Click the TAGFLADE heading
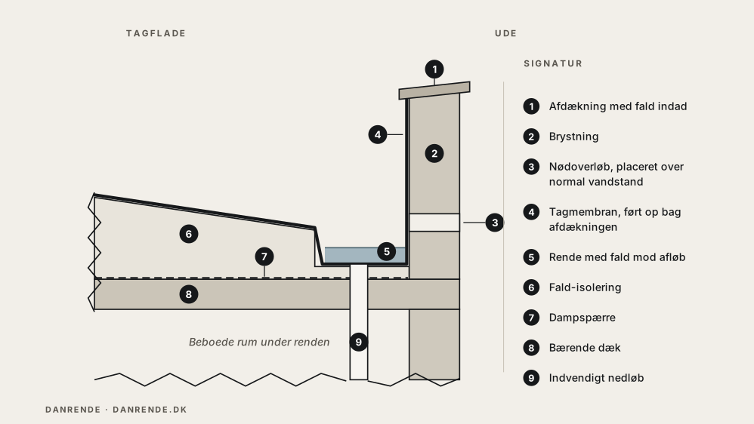(156, 33)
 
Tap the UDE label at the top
(506, 33)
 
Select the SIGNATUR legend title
(553, 63)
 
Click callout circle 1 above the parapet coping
(434, 69)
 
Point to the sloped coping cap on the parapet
(434, 91)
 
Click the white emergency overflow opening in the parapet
(434, 223)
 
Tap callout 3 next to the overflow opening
(494, 223)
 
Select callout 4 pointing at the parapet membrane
(378, 134)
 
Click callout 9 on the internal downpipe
(358, 342)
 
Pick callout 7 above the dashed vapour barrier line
(264, 257)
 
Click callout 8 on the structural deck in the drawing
(189, 294)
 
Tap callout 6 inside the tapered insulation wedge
(189, 234)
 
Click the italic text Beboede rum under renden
(259, 342)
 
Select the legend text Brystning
(573, 137)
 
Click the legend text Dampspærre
(582, 318)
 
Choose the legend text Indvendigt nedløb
(596, 378)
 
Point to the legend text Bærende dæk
(585, 348)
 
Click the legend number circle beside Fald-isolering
(531, 287)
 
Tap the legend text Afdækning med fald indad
(618, 106)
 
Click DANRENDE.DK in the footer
(150, 410)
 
